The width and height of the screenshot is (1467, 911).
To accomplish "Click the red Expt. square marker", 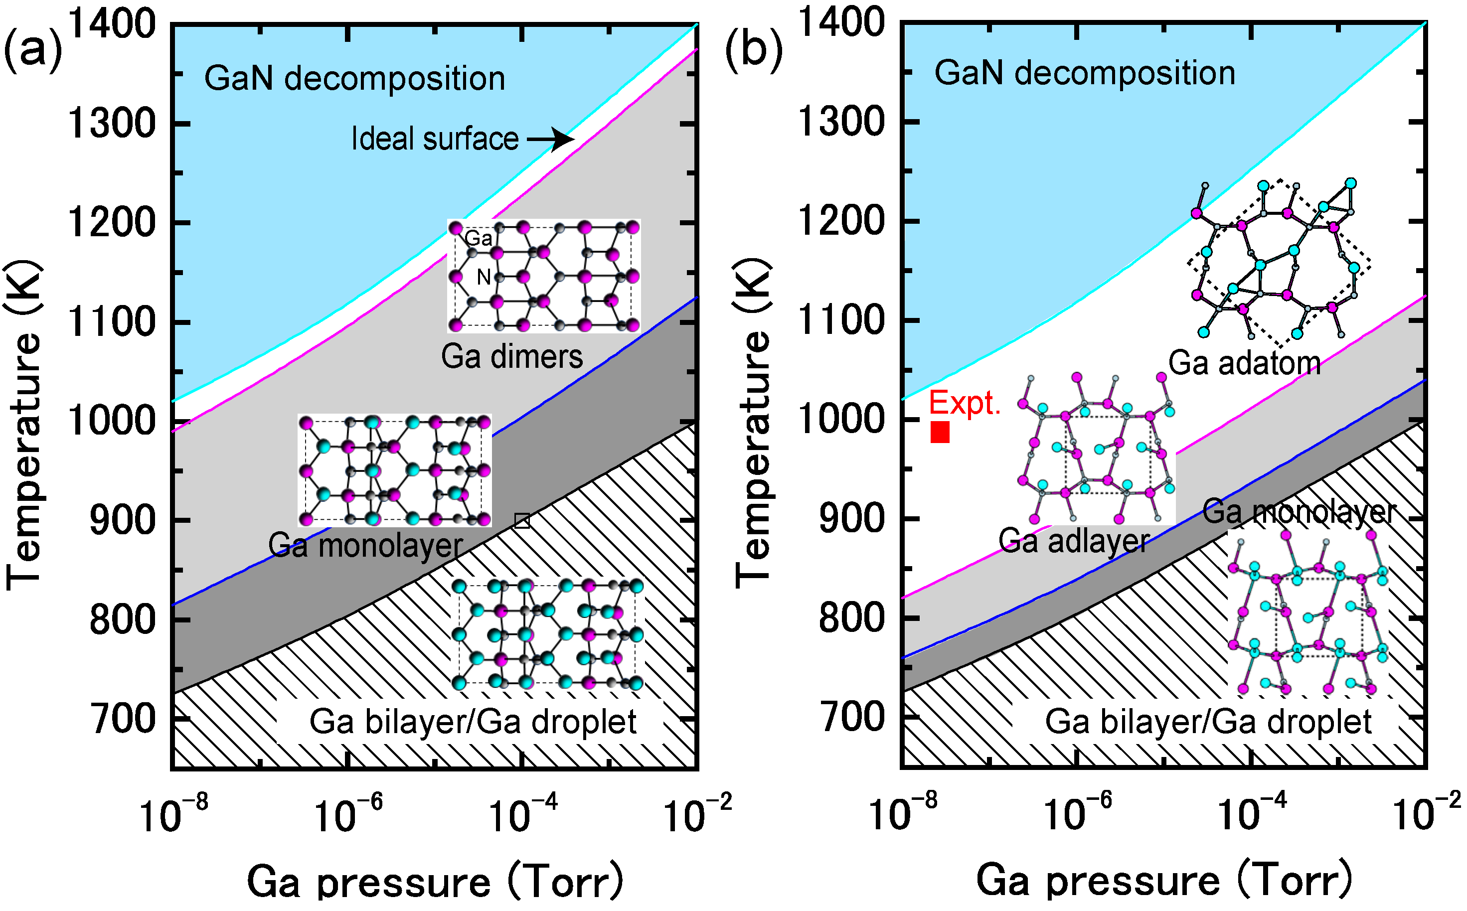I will (x=940, y=432).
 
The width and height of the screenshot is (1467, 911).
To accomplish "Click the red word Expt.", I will (x=965, y=403).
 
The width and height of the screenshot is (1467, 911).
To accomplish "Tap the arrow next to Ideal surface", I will (x=551, y=139).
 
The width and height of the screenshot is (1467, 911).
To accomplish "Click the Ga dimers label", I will (x=511, y=357).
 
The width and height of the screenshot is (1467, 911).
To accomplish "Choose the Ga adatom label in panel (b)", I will (x=1244, y=363).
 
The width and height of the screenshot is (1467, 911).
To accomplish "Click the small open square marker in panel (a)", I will (x=522, y=521).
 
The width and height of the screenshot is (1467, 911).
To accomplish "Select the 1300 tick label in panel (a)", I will (x=112, y=124).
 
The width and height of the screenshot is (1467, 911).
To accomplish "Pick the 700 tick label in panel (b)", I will (x=851, y=717).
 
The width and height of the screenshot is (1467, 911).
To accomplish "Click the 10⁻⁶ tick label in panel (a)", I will (x=347, y=815).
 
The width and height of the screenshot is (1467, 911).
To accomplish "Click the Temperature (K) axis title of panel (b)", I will (x=753, y=422).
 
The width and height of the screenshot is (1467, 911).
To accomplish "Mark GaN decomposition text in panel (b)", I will (x=1085, y=73).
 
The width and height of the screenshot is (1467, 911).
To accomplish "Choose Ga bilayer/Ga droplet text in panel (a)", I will (x=473, y=722).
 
